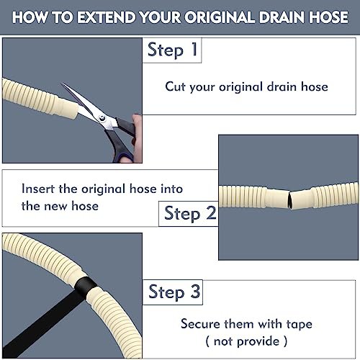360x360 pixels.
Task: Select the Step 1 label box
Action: [x=172, y=50]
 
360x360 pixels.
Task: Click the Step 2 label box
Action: [x=189, y=214]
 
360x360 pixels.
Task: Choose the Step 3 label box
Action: [x=173, y=292]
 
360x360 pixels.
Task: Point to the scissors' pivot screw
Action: [x=102, y=118]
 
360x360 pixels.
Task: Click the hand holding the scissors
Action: [x=136, y=138]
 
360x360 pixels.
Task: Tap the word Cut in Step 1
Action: [x=175, y=86]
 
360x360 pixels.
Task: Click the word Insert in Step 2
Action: [x=38, y=189]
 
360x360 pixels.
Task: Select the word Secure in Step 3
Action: [x=201, y=324]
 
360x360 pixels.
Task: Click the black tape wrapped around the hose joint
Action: [x=86, y=287]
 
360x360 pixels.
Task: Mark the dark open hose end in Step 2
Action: [x=290, y=199]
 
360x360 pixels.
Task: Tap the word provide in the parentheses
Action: [x=258, y=342]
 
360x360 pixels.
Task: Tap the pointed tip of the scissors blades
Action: [x=63, y=84]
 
